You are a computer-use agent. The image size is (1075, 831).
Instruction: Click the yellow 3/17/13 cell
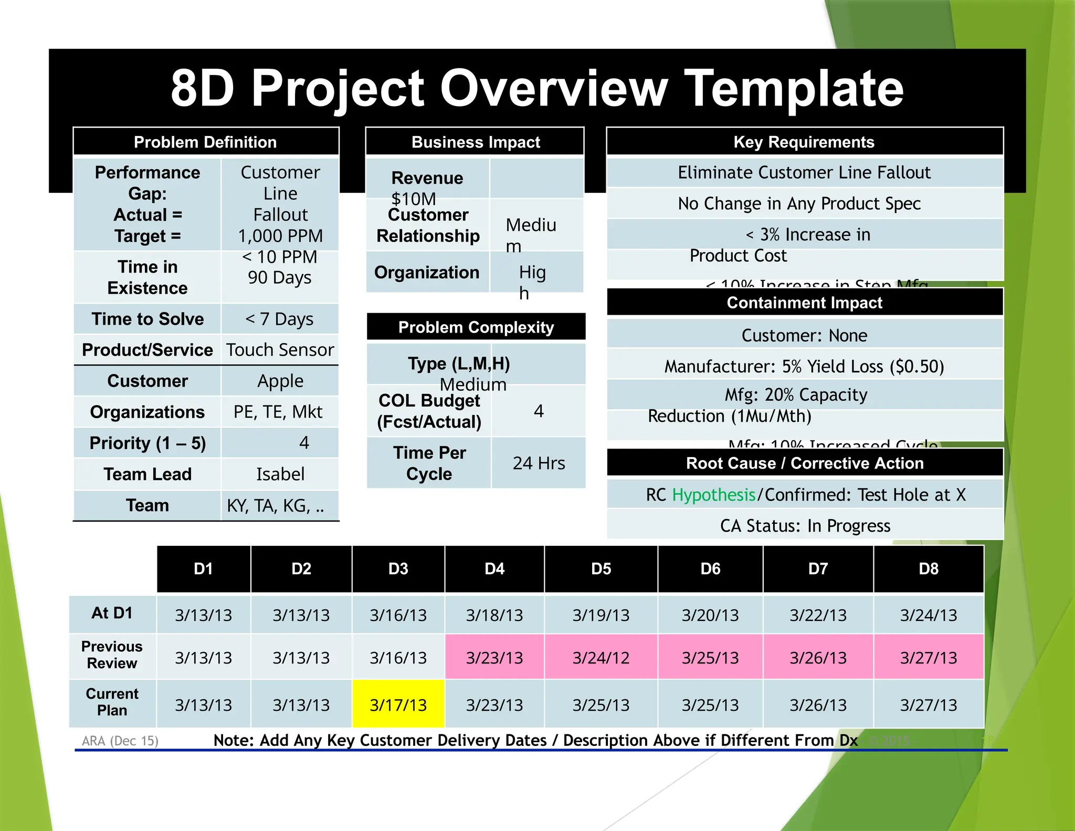click(x=398, y=704)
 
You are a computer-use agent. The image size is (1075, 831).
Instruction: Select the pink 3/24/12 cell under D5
click(x=600, y=657)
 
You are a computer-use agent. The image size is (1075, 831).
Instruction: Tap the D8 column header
click(x=928, y=568)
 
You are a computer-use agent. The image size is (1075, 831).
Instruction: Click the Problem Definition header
click(x=205, y=142)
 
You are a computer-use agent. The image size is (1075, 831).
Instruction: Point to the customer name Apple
click(x=280, y=381)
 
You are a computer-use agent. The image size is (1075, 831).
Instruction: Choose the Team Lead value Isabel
click(x=280, y=474)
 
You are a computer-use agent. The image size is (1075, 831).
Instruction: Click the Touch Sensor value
click(x=280, y=350)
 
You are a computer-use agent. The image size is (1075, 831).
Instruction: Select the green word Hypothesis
click(x=713, y=494)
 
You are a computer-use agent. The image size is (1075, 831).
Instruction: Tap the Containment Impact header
click(x=804, y=303)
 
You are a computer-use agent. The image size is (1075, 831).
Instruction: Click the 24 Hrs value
click(x=539, y=463)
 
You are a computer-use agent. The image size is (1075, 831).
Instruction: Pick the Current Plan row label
click(x=112, y=702)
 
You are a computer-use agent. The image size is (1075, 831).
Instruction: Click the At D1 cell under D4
click(x=494, y=615)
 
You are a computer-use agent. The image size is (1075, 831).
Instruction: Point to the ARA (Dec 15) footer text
click(x=120, y=741)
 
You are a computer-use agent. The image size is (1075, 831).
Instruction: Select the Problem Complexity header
click(x=476, y=327)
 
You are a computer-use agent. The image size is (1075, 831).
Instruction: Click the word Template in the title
click(x=794, y=88)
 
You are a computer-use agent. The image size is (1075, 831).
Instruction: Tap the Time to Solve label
click(x=147, y=319)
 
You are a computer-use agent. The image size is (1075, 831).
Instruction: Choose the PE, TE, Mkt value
click(x=278, y=412)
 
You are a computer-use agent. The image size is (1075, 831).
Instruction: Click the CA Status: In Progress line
click(x=805, y=525)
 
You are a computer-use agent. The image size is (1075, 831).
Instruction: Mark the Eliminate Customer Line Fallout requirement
click(x=804, y=172)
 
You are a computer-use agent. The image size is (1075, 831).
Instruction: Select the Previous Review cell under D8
click(x=928, y=657)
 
